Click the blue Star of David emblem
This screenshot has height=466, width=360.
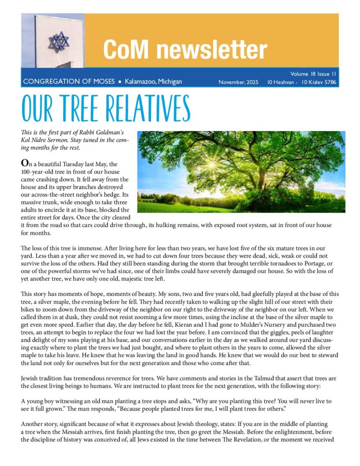tap(59, 41)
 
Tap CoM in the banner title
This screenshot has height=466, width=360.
tap(122, 50)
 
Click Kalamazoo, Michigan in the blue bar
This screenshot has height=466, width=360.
tap(153, 82)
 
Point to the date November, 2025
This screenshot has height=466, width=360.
tap(238, 82)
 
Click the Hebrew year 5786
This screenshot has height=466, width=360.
tap(328, 82)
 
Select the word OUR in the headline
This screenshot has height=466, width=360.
tap(37, 109)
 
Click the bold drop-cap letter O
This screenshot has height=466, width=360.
tap(25, 162)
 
